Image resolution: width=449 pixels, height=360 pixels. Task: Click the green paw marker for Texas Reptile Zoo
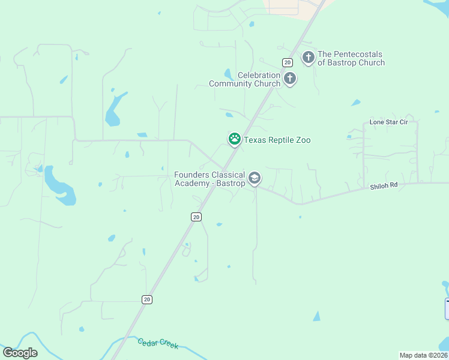pos(234,139)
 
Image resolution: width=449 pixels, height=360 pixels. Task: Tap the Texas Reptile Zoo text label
pos(277,140)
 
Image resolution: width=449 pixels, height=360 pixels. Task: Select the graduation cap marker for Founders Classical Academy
pos(255,178)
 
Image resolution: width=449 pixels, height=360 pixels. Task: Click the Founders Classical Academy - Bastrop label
pos(209,179)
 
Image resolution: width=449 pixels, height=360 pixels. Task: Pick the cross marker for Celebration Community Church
pos(290,78)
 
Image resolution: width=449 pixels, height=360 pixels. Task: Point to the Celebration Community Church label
pos(245,79)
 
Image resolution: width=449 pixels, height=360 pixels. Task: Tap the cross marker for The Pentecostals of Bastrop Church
pos(309,58)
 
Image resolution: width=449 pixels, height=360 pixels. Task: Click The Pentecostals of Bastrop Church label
pos(351,58)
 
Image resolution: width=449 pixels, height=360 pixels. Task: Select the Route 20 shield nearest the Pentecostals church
pos(288,62)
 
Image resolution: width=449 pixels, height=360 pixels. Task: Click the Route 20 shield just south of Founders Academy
pos(196,217)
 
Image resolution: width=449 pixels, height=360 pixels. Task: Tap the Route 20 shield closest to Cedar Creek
pos(147,299)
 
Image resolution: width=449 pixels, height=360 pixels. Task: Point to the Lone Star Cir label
pos(388,122)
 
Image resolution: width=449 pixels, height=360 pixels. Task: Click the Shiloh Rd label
pos(384,186)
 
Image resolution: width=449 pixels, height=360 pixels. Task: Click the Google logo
pos(20,353)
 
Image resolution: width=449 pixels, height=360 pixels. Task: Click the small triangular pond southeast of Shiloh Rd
pos(316,316)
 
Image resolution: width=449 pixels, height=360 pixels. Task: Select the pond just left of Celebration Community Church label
pos(228,74)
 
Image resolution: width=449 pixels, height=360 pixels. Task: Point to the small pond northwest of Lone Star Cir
pos(356,103)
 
